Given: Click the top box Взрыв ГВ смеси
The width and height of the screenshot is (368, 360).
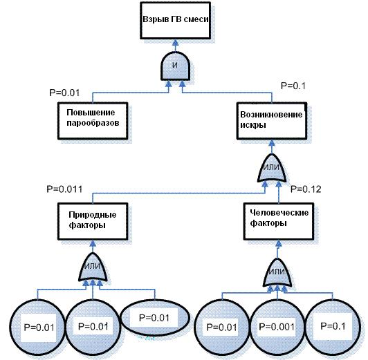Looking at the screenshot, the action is point(175,21).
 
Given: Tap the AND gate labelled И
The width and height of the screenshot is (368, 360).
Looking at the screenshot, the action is point(175,66).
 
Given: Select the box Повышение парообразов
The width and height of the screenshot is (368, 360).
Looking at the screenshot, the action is point(93,121).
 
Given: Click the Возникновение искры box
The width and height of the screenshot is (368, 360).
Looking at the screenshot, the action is point(272,121).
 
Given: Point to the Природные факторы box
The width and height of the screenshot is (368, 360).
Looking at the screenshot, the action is point(93,222).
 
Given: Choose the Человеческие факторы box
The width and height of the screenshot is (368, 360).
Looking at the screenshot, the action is point(279,222).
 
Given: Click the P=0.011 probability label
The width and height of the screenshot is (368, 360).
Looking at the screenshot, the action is point(64,189).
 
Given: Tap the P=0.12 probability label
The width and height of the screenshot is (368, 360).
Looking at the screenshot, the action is point(306,189).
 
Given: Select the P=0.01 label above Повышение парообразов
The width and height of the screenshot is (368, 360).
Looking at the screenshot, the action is point(64,93).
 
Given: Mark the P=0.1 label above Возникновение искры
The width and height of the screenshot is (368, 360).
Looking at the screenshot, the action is point(293,86).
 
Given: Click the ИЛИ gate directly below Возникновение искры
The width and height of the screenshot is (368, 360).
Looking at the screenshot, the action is point(272,168).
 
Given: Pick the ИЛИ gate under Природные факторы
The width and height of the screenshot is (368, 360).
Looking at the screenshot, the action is point(93,267).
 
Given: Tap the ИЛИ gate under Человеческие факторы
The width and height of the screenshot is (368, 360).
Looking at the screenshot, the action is point(277,272).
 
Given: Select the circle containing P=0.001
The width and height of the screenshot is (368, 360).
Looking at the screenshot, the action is point(277,328).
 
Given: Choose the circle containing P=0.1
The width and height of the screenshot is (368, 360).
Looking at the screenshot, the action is point(333,328).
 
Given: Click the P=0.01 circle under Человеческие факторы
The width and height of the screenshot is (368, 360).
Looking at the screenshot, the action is point(222,328).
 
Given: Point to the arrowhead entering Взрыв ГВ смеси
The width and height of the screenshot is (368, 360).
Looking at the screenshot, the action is point(175,42).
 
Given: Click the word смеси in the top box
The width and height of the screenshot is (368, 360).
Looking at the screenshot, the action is point(196,19).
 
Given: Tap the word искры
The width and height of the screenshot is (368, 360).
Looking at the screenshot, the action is point(253,125).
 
